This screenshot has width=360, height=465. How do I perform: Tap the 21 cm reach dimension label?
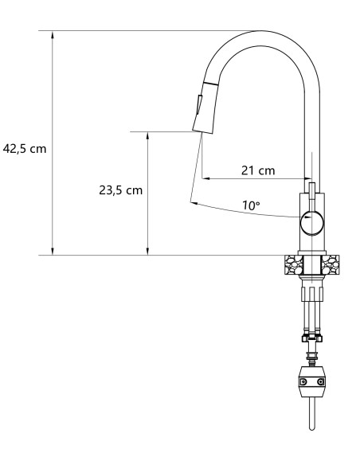[x=258, y=170]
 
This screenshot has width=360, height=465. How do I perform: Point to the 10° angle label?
[x=251, y=205]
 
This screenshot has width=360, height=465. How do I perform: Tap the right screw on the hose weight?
[x=321, y=384]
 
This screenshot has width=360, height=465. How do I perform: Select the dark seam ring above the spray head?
[x=209, y=83]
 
